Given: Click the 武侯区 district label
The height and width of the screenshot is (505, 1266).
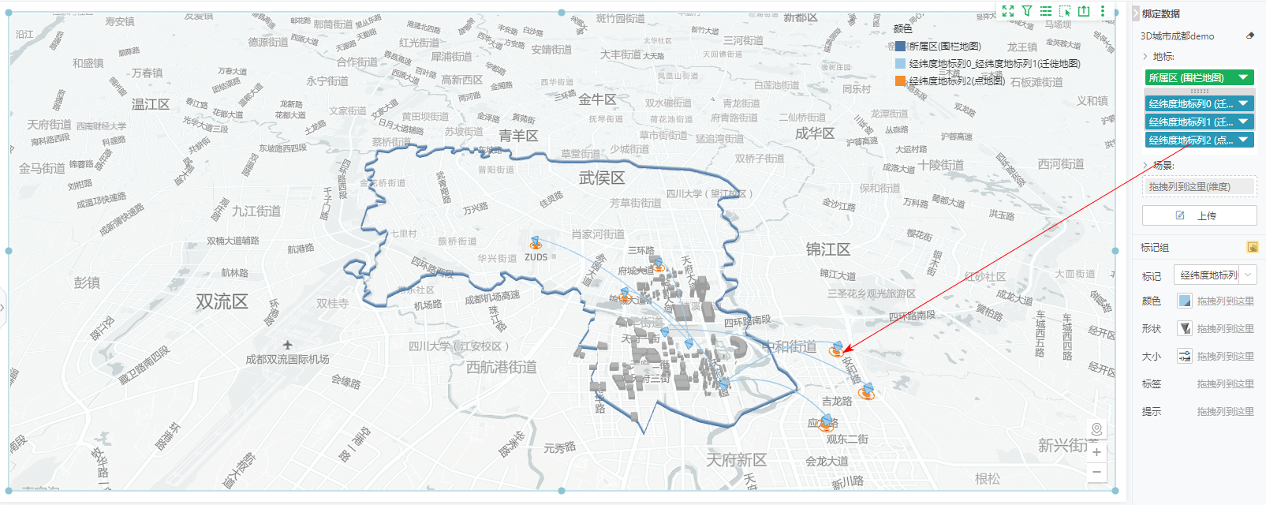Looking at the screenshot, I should coord(602,178).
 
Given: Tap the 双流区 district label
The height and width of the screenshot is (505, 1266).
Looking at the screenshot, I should coord(222,301).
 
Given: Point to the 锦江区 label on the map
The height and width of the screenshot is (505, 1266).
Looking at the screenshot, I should coord(827,249).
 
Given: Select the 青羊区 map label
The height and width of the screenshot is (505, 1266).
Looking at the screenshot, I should coord(518,136).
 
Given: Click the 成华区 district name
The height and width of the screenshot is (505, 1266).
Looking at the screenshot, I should coord(815,133).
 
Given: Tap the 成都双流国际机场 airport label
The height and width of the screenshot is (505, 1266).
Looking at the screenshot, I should coord(287,359).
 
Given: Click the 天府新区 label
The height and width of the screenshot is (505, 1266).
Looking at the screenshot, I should coord(736,459).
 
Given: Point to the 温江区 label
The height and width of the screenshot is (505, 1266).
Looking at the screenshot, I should coord(151,104).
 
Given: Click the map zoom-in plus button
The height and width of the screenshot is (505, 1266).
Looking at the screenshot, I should coord(1096,452).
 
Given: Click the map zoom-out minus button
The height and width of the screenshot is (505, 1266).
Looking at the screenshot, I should coord(1096,472).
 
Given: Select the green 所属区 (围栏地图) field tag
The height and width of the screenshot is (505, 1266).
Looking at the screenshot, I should coord(1199,77).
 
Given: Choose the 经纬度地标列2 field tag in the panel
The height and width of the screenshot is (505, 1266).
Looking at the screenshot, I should coord(1199,140).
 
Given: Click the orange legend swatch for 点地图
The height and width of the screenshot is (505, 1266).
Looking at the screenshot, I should coord(901,80).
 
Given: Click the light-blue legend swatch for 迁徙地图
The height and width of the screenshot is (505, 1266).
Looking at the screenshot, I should coord(901,63).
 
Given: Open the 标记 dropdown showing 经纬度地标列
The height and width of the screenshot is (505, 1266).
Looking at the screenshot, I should coord(1215,275).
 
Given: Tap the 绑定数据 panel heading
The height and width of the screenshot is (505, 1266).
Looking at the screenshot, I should coord(1161,13).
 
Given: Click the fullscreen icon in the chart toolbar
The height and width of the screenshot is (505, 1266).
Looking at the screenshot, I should coord(1008,11).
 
